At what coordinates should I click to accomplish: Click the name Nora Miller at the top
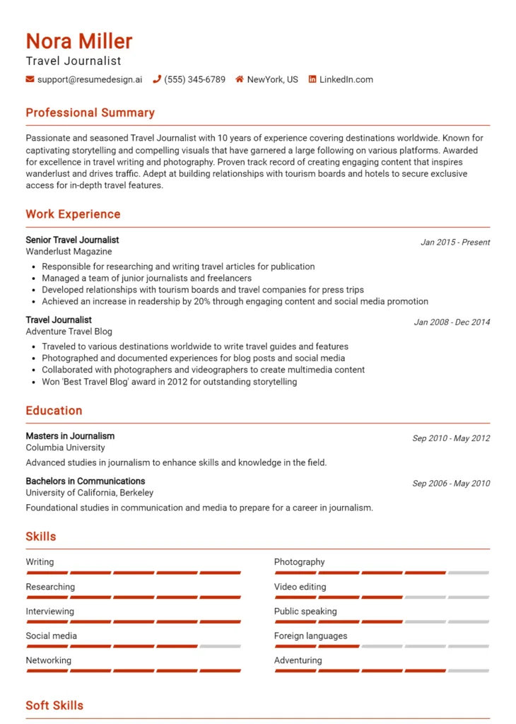(79, 41)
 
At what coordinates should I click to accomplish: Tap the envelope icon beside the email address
(30, 79)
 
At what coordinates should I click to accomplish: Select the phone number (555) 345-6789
(194, 79)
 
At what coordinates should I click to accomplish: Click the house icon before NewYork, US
(240, 79)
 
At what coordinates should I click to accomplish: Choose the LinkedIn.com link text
(346, 79)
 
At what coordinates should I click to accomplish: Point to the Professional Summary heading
(90, 112)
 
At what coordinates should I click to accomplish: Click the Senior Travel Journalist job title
(72, 240)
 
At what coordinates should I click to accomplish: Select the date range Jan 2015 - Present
(455, 242)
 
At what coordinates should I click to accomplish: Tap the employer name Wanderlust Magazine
(69, 251)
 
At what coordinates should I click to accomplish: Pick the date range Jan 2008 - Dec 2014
(452, 322)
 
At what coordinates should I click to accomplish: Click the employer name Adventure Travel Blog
(69, 331)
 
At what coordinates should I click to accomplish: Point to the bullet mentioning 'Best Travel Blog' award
(169, 382)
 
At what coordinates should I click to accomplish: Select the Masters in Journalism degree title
(70, 436)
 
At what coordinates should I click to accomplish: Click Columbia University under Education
(65, 447)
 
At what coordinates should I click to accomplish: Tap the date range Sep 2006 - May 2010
(451, 484)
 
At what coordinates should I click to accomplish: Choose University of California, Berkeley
(89, 492)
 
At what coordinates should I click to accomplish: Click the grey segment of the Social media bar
(220, 646)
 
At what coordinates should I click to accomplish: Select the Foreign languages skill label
(310, 636)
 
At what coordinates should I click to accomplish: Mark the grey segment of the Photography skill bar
(468, 573)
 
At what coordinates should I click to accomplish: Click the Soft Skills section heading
(54, 705)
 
